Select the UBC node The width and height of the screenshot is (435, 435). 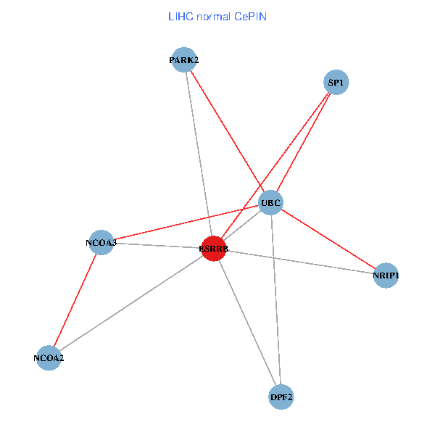point(270,202)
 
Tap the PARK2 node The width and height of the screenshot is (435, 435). point(183,61)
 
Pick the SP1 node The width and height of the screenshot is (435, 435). point(335,83)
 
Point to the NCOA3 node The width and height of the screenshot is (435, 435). point(101,242)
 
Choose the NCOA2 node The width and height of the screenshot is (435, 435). point(49,357)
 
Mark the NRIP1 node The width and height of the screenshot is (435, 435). point(386,275)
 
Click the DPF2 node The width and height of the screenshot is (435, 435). point(281,397)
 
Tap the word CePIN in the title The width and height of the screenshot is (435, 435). point(250,16)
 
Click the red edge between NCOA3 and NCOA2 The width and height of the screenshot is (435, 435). point(75,299)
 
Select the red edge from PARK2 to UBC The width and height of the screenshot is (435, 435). point(227,131)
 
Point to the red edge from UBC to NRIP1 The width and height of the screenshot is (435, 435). point(328,239)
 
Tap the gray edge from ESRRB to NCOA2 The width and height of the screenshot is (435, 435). point(130,303)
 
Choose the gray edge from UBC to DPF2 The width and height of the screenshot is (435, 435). point(275,299)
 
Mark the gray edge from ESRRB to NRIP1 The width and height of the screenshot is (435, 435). point(299,262)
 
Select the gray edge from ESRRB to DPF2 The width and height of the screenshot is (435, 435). point(247,322)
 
